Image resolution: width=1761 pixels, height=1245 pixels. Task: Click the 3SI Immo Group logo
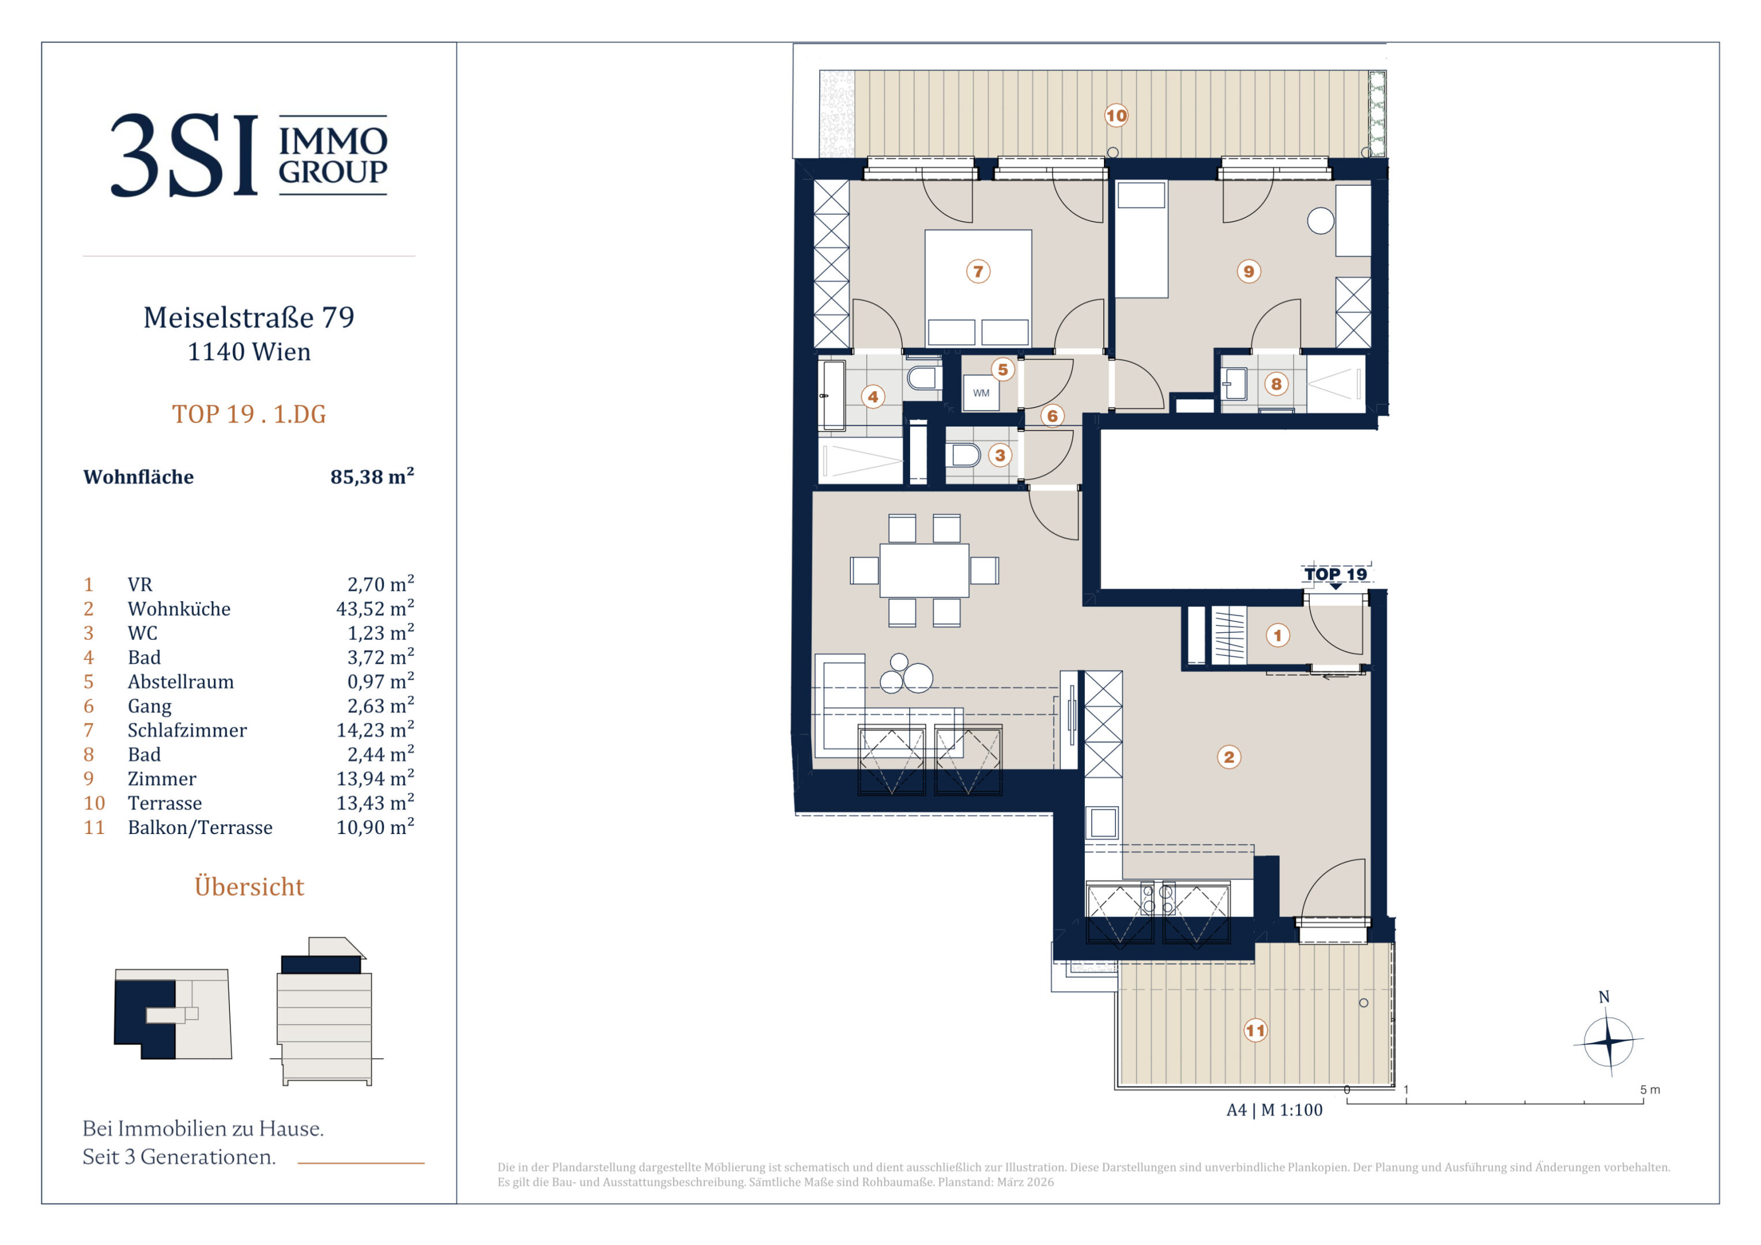pos(249,155)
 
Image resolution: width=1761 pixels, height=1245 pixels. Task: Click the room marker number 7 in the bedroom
pos(978,271)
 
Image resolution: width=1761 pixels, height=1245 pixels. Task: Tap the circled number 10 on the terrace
pos(1116,116)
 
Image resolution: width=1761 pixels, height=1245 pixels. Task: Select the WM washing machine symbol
pos(981,393)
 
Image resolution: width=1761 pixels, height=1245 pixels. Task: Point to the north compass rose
pos(1608,1040)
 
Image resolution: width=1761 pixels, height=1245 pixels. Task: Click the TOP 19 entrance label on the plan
pos(1336,574)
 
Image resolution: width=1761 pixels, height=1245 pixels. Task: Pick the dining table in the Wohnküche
pos(924,570)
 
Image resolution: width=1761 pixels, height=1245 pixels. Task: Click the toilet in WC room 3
pos(966,456)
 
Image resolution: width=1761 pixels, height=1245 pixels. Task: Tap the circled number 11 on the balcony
pos(1255,1030)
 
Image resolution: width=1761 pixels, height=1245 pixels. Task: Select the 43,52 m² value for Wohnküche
pos(375,608)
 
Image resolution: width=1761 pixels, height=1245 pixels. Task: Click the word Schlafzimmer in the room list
pos(187,730)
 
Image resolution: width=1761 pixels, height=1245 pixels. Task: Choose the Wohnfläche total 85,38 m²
pos(372,476)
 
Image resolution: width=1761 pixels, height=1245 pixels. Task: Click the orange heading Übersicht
pos(249,886)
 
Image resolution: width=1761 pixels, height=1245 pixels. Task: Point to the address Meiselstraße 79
pos(249,318)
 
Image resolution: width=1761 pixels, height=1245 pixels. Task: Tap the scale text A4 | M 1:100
pos(1274,1110)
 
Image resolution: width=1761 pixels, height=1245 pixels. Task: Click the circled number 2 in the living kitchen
pos(1229,757)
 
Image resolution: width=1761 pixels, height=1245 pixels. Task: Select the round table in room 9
pos(1320,221)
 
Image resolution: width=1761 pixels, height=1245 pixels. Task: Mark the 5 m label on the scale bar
pos(1650,1090)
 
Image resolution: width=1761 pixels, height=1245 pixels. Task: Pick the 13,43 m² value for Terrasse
pos(375,803)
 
